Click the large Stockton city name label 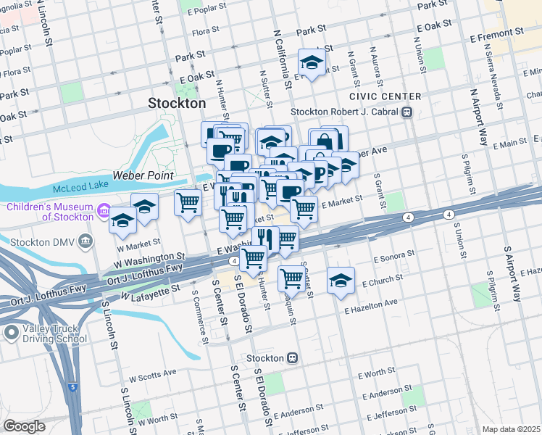click(177, 103)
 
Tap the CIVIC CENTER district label click(385, 96)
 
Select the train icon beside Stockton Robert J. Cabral click(407, 112)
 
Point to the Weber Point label click(143, 175)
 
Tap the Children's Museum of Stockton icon click(104, 212)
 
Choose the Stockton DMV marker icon click(87, 240)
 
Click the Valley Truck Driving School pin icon click(11, 333)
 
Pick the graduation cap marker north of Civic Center click(312, 64)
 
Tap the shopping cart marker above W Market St click(188, 202)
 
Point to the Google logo click(24, 426)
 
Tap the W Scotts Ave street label click(152, 375)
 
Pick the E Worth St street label click(375, 373)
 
